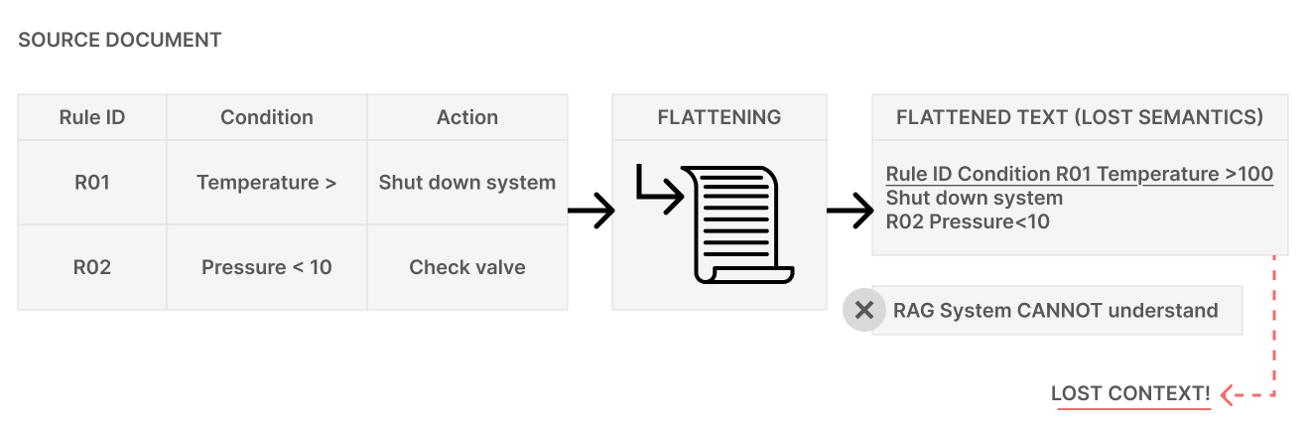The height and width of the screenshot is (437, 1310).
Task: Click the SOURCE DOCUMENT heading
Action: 119,41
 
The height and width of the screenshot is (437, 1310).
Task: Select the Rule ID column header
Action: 92,117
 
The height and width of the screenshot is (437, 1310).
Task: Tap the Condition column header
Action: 267,117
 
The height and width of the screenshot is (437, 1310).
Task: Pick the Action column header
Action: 467,117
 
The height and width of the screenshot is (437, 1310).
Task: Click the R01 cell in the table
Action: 92,183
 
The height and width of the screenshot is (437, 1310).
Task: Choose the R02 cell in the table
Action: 92,267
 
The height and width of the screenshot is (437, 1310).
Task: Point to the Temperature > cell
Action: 267,183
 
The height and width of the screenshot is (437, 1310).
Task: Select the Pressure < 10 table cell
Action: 267,267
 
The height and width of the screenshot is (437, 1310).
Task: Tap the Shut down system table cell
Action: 467,183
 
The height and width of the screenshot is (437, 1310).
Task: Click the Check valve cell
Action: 467,267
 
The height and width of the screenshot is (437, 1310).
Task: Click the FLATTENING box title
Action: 720,117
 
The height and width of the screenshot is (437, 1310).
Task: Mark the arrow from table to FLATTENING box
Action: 591,211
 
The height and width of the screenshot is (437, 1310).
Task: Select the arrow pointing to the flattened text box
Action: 850,211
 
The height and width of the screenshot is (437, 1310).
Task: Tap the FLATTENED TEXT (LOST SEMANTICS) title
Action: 1080,117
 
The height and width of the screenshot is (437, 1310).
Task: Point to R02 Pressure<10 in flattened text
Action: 968,221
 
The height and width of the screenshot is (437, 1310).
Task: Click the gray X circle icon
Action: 864,311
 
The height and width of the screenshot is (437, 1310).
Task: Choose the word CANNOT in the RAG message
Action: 1060,311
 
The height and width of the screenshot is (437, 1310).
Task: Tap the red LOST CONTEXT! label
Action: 1131,394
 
